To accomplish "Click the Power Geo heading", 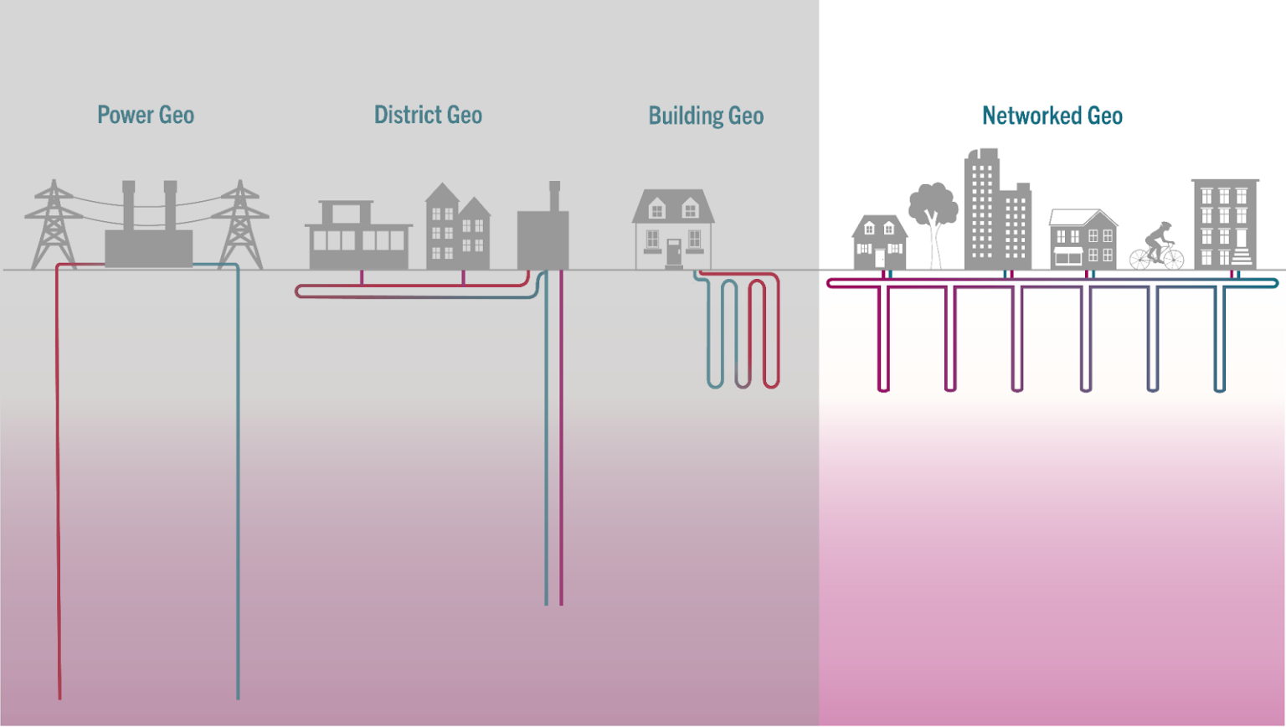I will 146,115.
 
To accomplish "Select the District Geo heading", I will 428,115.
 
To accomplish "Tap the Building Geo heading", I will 706,116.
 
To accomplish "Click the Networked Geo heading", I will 1052,116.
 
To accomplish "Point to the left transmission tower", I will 54,226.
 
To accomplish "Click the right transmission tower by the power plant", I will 240,226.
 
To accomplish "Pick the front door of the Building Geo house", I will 673,253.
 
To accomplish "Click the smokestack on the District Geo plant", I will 554,197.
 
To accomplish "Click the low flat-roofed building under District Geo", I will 358,239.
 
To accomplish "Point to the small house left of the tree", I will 878,243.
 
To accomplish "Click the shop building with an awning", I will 1083,241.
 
